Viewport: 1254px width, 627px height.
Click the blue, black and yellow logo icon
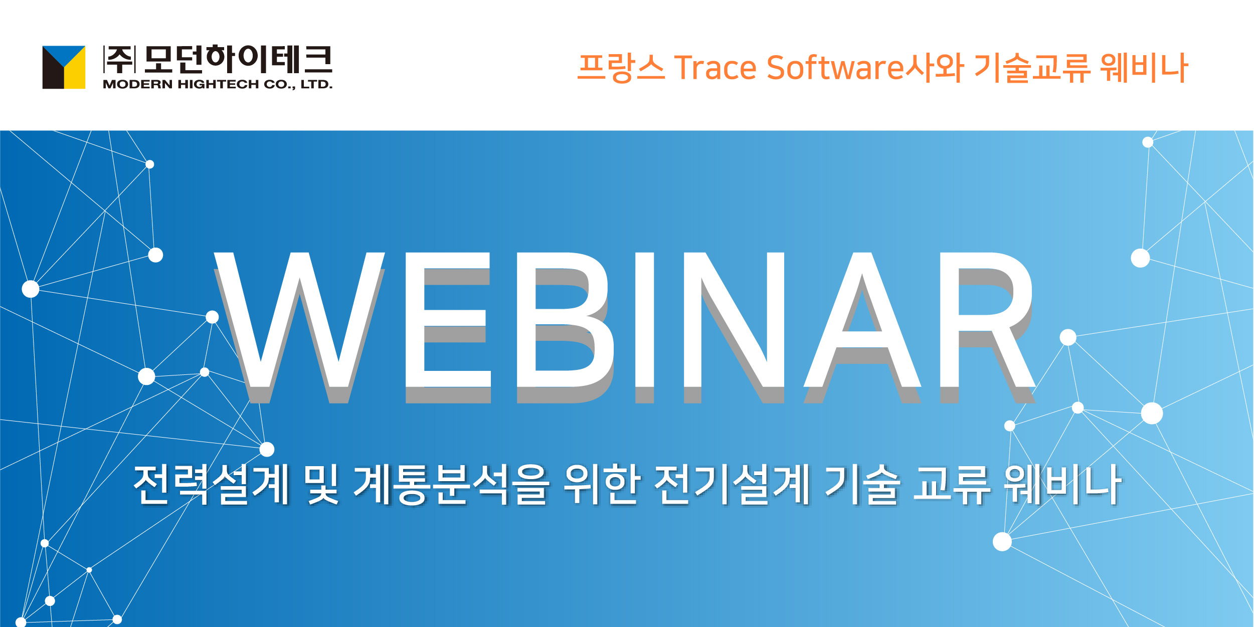[64, 67]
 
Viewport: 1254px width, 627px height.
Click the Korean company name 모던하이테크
[238, 59]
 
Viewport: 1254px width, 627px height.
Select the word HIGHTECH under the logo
[218, 84]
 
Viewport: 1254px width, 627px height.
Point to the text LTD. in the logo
[316, 84]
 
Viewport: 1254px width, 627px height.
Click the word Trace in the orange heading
[715, 68]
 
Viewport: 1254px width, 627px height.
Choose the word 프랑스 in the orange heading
[621, 68]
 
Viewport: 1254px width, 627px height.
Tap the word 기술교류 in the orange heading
[1032, 68]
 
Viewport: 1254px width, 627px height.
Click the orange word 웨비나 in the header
[1144, 68]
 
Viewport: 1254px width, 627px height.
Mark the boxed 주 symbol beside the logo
[119, 59]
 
